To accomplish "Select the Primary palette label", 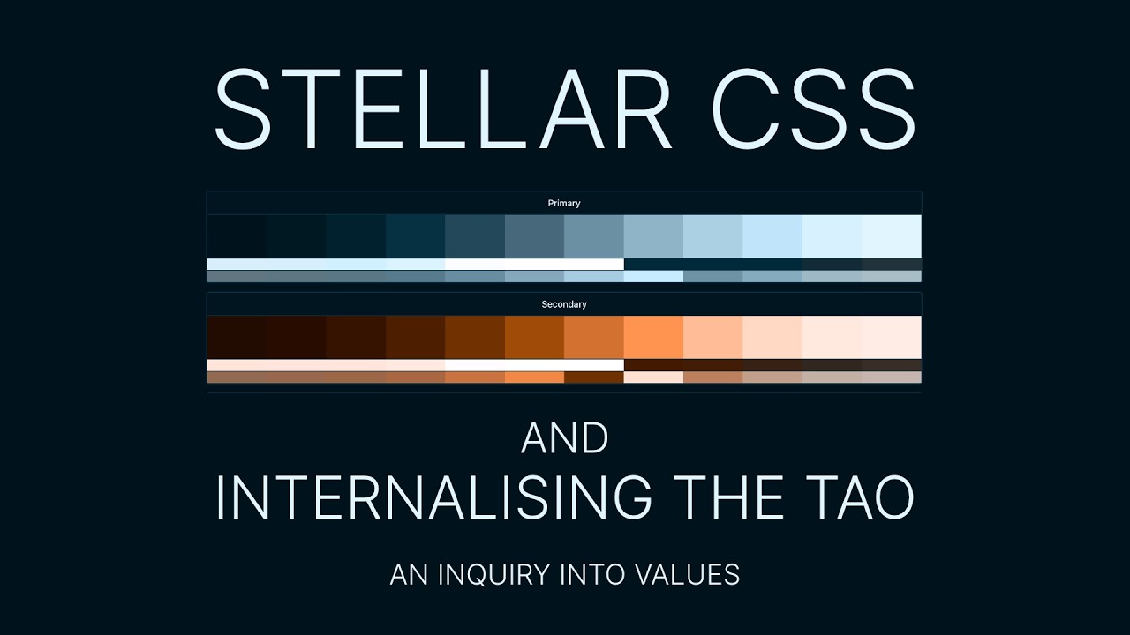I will pyautogui.click(x=564, y=204).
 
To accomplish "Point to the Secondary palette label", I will pyautogui.click(x=564, y=304).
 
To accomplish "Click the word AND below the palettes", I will pyautogui.click(x=565, y=438).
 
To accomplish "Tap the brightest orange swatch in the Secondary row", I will pyautogui.click(x=653, y=337).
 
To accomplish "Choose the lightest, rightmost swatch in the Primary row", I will pyautogui.click(x=892, y=236).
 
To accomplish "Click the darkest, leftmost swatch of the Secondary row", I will pyautogui.click(x=237, y=337).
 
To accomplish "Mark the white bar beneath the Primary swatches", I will pyautogui.click(x=534, y=264).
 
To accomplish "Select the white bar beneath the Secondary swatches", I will pyautogui.click(x=534, y=365).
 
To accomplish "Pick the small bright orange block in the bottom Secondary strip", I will pyautogui.click(x=534, y=377).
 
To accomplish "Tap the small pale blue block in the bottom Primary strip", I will pyautogui.click(x=653, y=276).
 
